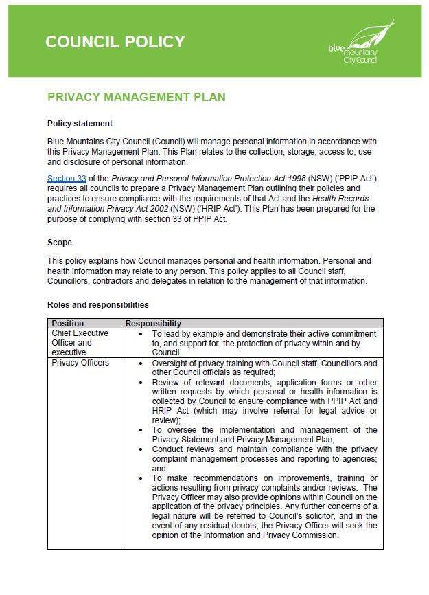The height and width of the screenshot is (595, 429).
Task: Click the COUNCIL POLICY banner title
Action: (115, 42)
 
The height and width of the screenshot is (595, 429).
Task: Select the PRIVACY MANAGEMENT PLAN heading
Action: (136, 97)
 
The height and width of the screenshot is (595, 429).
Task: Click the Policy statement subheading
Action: (80, 124)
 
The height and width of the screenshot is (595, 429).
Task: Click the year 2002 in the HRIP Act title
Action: (160, 207)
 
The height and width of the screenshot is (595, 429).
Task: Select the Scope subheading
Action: (60, 243)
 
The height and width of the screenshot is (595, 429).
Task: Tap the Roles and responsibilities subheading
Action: (97, 304)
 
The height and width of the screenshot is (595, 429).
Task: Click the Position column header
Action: (68, 323)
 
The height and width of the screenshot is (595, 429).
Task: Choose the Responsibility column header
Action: (153, 323)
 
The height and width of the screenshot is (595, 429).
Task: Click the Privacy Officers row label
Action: (80, 363)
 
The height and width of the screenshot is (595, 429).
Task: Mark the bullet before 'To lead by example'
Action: (140, 333)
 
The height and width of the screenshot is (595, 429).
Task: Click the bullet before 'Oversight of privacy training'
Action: (140, 363)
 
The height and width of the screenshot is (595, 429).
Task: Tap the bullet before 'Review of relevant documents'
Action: (140, 382)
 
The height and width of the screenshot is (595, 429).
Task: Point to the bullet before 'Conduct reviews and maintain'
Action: (140, 449)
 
